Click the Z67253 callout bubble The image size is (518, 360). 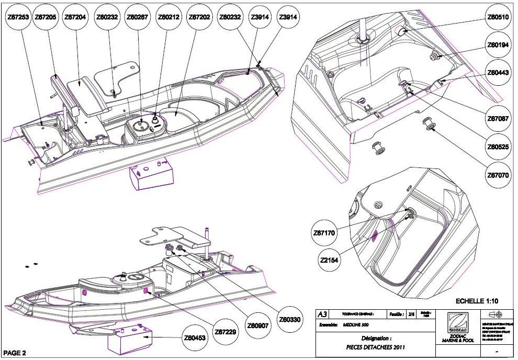18,17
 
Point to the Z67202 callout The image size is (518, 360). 199,17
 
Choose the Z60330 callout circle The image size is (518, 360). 289,319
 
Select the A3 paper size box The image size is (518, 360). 323,314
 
